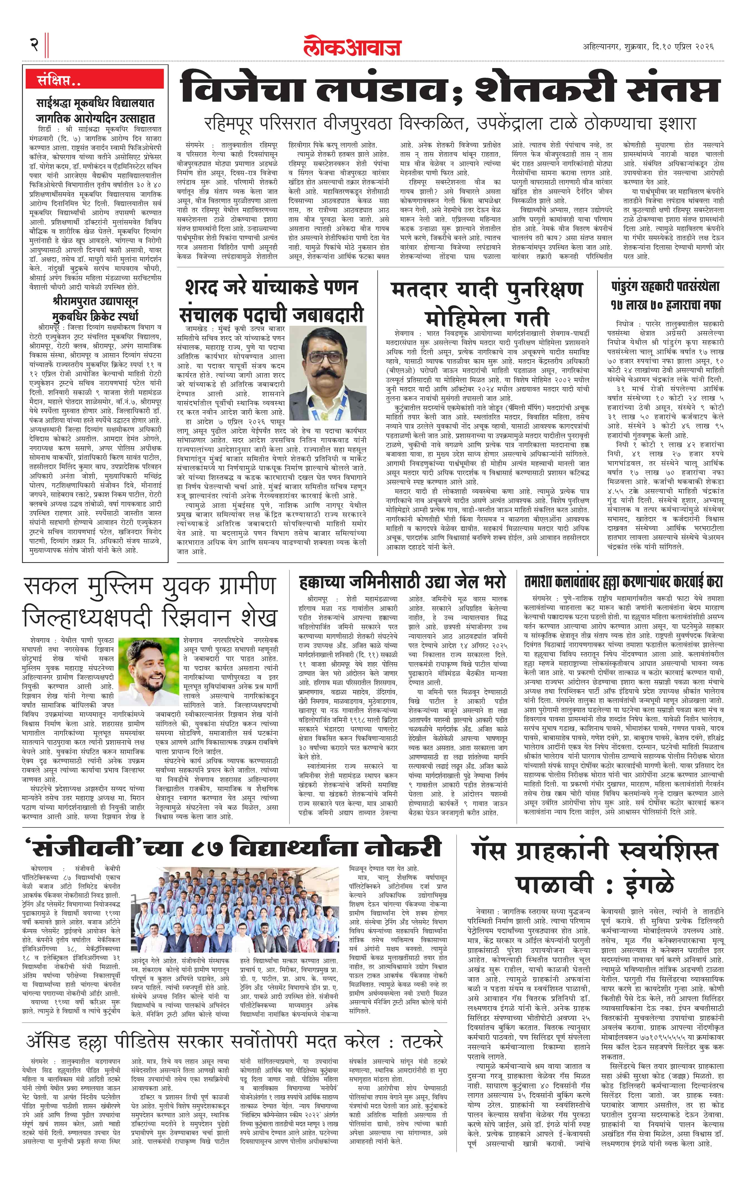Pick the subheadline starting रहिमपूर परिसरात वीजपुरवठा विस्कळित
pyautogui.click(x=450, y=123)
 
